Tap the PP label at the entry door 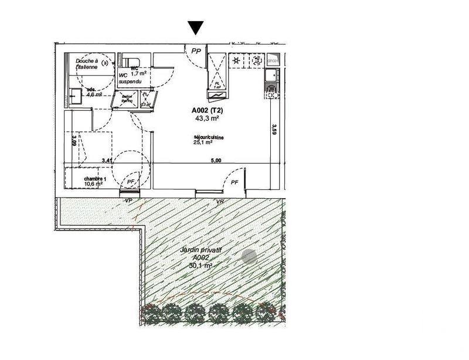(196, 51)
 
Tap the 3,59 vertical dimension (274, 130)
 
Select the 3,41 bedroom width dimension (106, 159)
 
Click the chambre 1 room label (94, 178)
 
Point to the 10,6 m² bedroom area (94, 184)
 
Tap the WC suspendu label (130, 78)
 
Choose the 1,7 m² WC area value (138, 73)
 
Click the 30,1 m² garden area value (200, 265)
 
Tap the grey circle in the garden (249, 256)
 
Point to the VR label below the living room (220, 202)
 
